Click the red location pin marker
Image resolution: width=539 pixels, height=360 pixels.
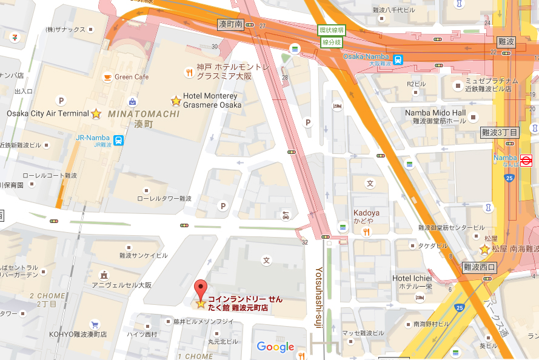coord(200,288)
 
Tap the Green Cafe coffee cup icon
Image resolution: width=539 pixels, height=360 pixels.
coord(107,77)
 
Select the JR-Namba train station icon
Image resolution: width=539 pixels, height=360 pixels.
coord(119,141)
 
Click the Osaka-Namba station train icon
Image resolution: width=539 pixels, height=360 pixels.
coord(398,59)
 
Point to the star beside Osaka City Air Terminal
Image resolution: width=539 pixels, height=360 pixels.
coord(96,113)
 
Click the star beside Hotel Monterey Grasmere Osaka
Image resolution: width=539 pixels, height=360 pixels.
coord(176,101)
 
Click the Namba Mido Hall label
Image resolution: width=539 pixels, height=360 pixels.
coord(435,113)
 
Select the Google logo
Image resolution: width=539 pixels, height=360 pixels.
coord(275,347)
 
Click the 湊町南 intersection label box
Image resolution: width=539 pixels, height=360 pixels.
coord(230,24)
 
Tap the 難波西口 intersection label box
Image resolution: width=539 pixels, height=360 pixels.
coord(480,267)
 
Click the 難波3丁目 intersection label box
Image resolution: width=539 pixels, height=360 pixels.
coord(500,132)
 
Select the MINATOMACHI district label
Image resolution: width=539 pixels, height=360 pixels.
coord(144,113)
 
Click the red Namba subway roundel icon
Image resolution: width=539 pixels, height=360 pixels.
coord(526,161)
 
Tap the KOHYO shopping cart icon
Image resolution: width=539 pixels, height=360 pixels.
coord(95,324)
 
